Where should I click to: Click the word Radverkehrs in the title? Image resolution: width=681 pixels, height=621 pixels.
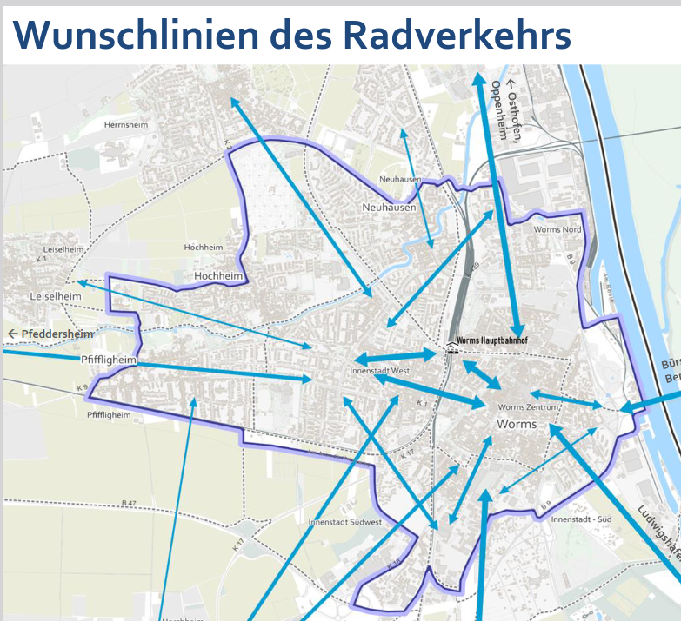pos(457,35)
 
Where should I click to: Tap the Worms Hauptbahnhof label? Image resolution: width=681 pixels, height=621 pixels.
pos(491,340)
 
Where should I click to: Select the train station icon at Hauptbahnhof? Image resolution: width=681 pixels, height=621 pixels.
pos(450,349)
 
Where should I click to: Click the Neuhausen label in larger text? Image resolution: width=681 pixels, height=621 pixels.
pos(389,208)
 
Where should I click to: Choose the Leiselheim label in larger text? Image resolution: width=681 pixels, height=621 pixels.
pos(56,296)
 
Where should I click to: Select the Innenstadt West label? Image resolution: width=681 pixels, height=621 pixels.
pos(379,371)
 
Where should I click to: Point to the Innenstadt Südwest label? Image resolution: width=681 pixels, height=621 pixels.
pos(345,522)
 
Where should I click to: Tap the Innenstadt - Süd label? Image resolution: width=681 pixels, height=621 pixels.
pos(582,519)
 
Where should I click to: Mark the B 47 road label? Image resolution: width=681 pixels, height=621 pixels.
pos(130,503)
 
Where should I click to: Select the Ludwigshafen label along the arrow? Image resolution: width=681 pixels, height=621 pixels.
pos(657,531)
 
